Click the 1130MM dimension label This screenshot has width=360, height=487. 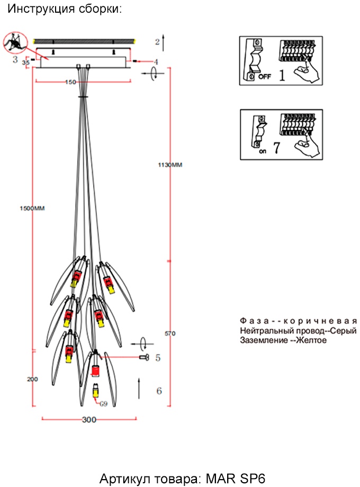click(x=170, y=165)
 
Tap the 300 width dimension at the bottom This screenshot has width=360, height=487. click(x=89, y=420)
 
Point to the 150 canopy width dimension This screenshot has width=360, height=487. click(x=70, y=83)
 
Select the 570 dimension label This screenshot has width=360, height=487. click(x=170, y=333)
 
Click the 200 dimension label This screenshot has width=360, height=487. click(x=33, y=379)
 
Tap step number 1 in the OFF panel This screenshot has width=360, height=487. click(x=282, y=75)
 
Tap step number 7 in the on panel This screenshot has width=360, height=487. click(x=276, y=149)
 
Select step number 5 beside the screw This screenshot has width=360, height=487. click(x=157, y=358)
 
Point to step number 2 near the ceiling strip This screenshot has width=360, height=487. click(x=157, y=41)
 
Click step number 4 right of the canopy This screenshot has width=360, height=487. click(x=156, y=62)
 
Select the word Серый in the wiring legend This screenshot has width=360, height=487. click(x=343, y=330)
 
